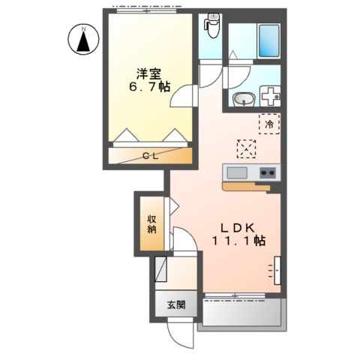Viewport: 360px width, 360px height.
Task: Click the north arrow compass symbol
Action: click(84, 40)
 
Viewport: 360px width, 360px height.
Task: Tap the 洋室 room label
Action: click(148, 73)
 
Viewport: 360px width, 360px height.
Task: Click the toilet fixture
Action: click(211, 28)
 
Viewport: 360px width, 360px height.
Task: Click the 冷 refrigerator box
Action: click(269, 124)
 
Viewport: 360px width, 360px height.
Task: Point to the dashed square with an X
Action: click(245, 148)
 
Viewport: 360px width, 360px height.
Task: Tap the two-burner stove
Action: click(268, 174)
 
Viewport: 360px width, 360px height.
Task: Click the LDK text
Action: click(238, 227)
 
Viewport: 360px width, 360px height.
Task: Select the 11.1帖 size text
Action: click(238, 241)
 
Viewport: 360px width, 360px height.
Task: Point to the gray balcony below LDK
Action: click(242, 313)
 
